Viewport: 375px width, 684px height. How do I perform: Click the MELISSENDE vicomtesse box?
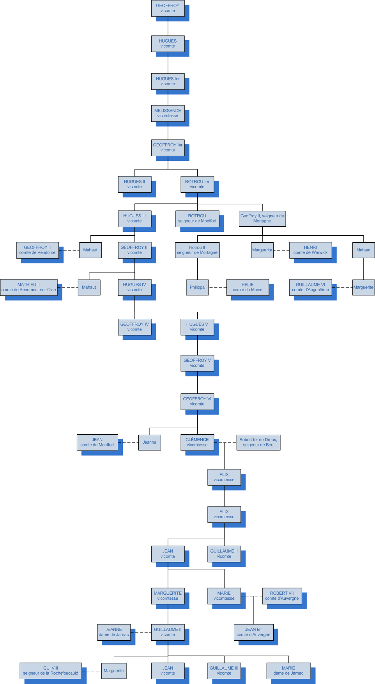tap(168, 113)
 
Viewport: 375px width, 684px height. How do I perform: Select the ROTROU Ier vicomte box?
tap(197, 184)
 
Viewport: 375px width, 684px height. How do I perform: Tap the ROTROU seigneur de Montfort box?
tap(197, 219)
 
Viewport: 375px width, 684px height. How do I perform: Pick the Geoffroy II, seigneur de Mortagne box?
tap(262, 219)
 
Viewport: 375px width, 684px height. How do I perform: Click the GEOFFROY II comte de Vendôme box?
tap(37, 250)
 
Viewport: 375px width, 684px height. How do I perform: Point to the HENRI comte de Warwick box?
tap(310, 250)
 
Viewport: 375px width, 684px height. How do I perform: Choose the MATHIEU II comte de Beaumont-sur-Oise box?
tap(29, 287)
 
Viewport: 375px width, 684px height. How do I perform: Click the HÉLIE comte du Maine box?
tap(248, 287)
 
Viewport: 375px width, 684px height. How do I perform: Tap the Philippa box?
tap(197, 287)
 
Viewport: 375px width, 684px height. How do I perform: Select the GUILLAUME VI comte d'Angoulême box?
tap(310, 287)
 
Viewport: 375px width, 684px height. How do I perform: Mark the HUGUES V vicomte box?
tap(197, 327)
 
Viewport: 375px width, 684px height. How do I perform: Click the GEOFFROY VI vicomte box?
tap(197, 402)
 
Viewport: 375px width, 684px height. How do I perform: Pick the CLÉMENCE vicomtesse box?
tap(197, 442)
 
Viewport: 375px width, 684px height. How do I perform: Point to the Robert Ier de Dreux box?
tap(258, 442)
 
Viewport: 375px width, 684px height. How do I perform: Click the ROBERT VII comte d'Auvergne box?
tap(282, 596)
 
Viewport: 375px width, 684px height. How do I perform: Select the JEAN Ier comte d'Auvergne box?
tap(253, 632)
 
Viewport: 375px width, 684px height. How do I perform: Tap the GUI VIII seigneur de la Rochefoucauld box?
tap(51, 671)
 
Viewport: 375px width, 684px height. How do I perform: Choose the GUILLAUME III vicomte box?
tap(224, 671)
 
